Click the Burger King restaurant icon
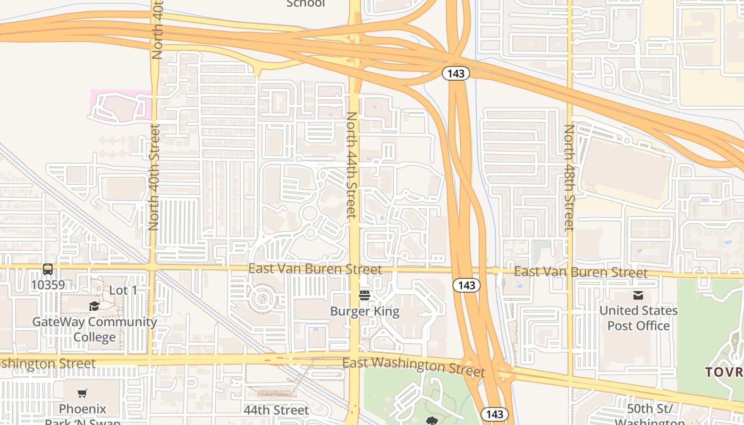point(365,295)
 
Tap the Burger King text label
point(365,311)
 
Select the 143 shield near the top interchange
point(456,73)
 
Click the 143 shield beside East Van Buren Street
point(466,285)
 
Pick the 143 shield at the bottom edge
point(495,414)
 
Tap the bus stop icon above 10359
point(48,269)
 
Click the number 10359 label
point(48,285)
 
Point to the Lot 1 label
point(123,291)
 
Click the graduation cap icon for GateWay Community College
point(94,306)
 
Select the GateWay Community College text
point(95,329)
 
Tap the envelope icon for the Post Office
point(638,295)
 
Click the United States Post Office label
point(638,318)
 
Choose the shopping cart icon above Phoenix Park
point(82,394)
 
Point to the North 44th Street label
point(351,165)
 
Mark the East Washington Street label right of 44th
point(413,366)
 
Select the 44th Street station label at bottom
point(276,410)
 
